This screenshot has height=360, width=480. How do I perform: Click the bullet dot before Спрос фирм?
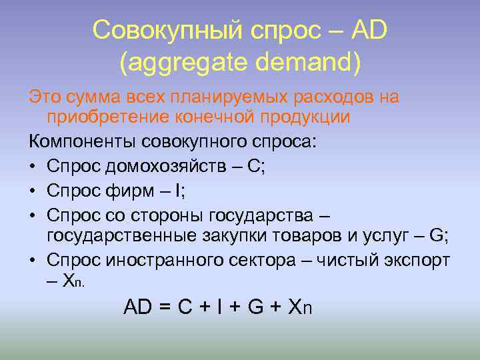(x=33, y=192)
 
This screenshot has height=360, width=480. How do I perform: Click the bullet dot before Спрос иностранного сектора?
(x=33, y=259)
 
